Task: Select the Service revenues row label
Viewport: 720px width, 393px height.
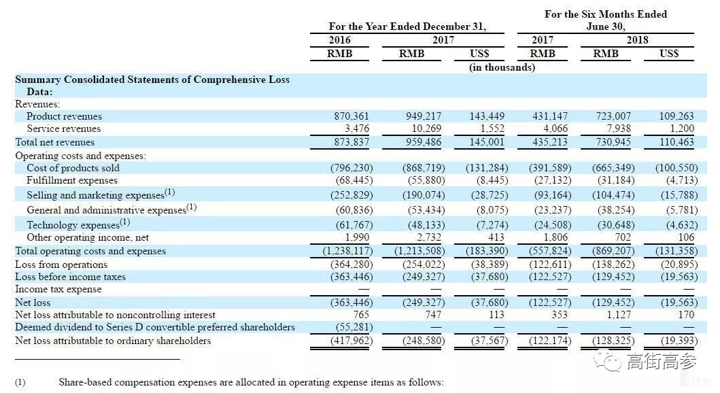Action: point(63,129)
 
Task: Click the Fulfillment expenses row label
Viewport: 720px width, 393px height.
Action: point(72,180)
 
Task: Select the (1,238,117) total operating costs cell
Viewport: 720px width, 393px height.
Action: point(343,251)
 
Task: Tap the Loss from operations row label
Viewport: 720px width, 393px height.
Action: point(61,264)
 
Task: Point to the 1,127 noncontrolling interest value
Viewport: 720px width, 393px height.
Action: point(619,315)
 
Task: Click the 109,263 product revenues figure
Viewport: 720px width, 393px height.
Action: point(677,116)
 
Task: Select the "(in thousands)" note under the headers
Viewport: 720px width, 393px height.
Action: point(502,67)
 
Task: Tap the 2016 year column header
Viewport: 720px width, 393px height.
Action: point(340,40)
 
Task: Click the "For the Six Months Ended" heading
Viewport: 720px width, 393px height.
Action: point(606,14)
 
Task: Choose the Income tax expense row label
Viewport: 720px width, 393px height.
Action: point(58,289)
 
